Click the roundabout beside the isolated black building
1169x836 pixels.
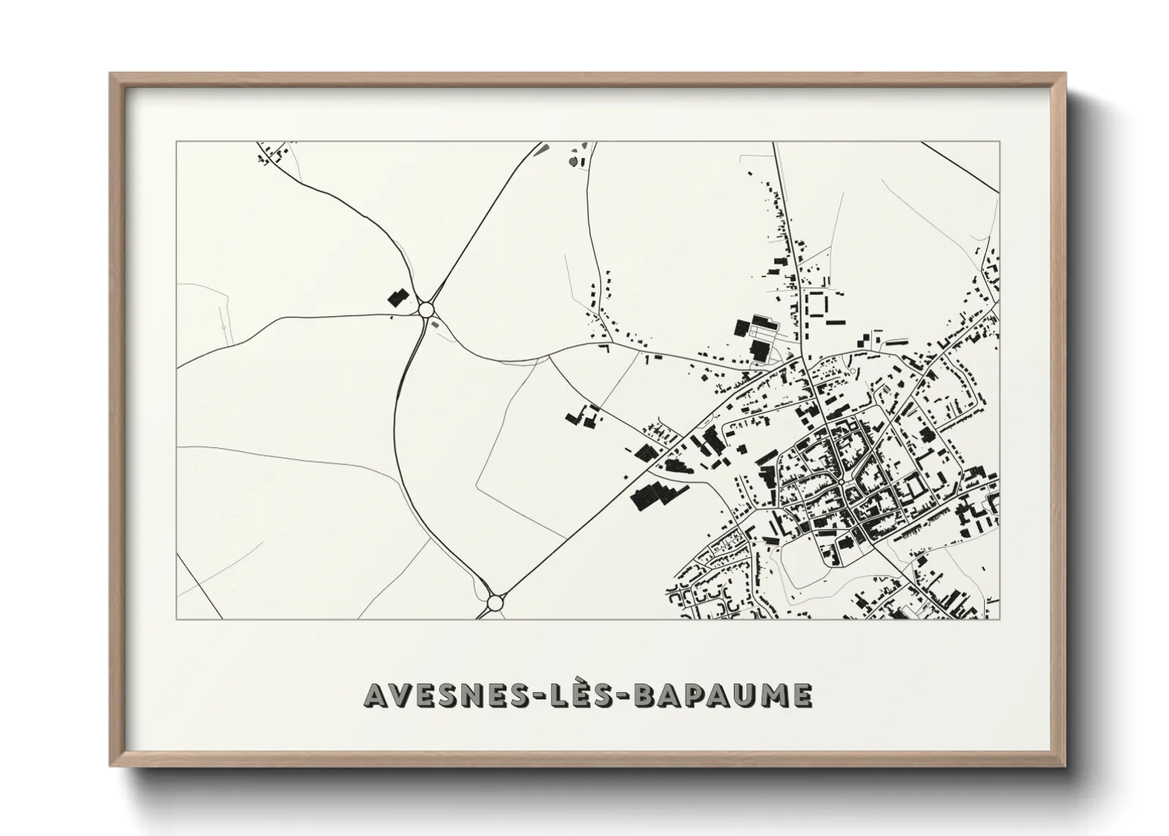pos(427,309)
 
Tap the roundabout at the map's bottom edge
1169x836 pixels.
pos(494,603)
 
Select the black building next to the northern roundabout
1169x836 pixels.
pos(396,297)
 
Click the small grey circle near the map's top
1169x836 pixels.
pos(572,162)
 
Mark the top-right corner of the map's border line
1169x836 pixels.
pos(999,142)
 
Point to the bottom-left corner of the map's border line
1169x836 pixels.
pos(177,619)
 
